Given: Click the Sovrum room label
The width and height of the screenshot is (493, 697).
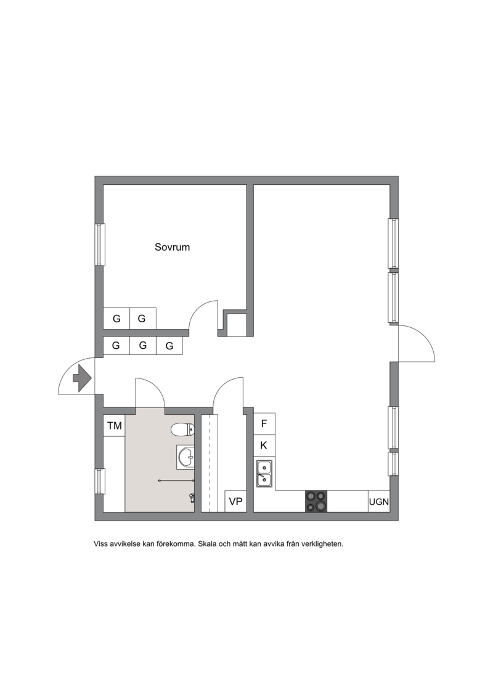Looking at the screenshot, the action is [172, 247].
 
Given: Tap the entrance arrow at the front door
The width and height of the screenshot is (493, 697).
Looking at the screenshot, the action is [82, 378].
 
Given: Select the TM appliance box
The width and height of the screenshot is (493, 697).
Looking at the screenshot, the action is [114, 426].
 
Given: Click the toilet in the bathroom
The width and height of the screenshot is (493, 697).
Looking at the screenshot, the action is [182, 430].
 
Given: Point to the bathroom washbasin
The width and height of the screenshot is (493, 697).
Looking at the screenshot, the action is [185, 457].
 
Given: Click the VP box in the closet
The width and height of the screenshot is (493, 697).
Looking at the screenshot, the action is [235, 502].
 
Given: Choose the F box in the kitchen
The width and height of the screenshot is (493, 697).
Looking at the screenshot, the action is [264, 423].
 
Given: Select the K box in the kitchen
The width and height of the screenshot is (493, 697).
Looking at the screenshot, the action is [264, 446].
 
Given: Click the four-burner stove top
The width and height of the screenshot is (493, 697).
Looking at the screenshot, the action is [316, 502].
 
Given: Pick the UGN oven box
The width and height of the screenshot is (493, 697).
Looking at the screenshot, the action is [379, 502].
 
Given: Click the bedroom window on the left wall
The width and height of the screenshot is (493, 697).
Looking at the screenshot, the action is [100, 245].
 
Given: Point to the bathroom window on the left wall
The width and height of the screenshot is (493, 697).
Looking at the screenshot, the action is [100, 481].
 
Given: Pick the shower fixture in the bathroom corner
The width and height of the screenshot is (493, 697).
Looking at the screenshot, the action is [192, 498].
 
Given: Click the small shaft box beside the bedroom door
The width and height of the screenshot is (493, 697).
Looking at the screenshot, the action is [237, 325].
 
